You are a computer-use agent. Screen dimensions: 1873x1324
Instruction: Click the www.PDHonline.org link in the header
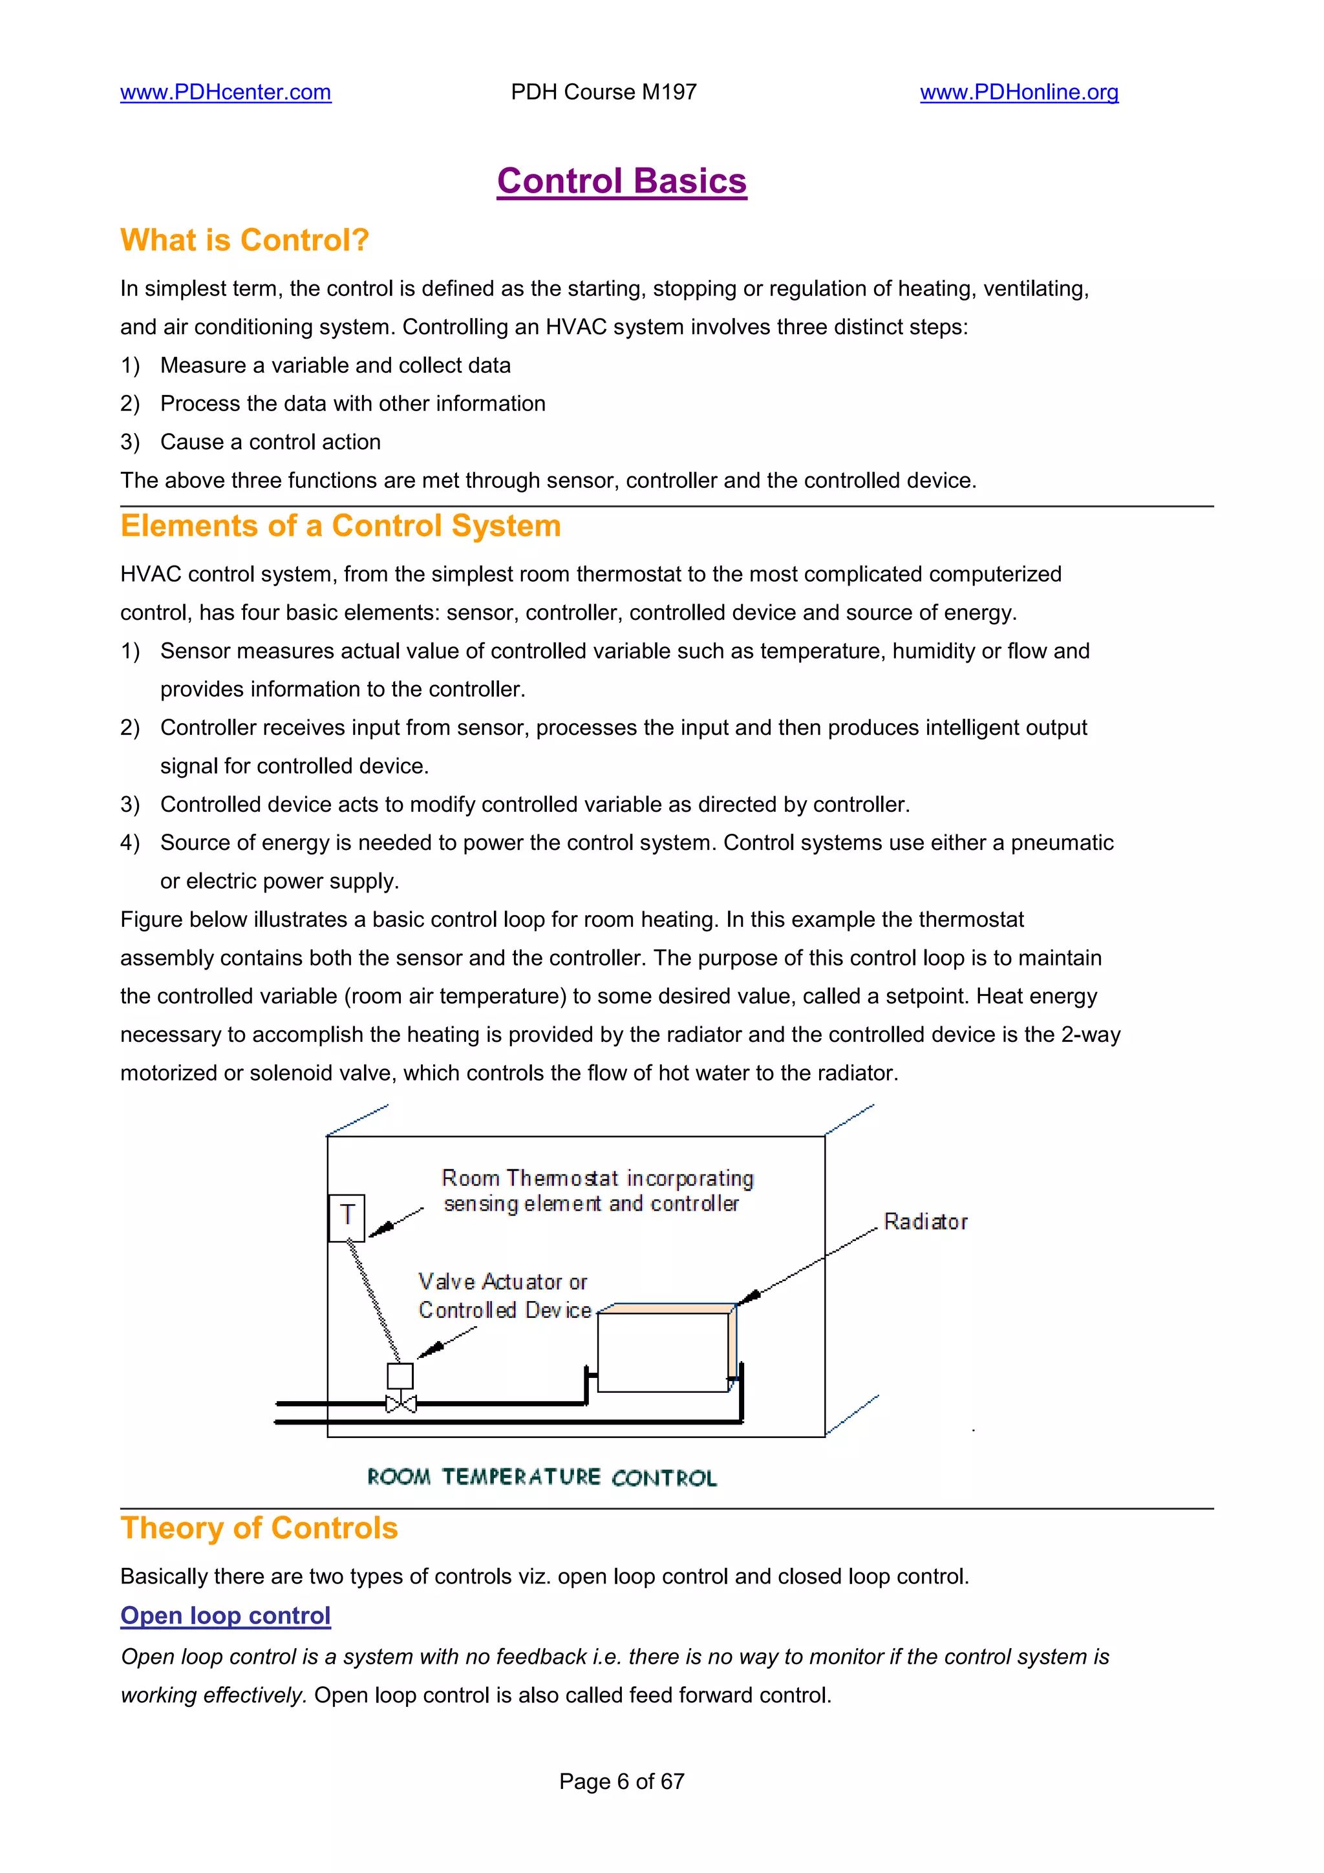[x=1019, y=92]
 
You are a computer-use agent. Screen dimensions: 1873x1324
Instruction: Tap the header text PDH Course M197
[x=604, y=92]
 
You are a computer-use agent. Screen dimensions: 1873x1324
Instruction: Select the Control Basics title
[x=622, y=181]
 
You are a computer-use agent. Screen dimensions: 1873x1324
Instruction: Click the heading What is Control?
[x=245, y=240]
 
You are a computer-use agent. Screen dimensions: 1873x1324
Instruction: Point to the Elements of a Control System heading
[x=340, y=526]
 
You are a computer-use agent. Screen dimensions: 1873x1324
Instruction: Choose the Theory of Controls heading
[x=259, y=1528]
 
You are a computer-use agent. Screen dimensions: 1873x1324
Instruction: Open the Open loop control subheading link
[x=225, y=1615]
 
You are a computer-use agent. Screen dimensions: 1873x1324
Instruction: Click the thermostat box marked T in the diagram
[x=347, y=1217]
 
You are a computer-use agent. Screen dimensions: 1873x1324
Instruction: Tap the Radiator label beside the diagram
[x=925, y=1222]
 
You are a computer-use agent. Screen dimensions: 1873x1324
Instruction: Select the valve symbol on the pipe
[x=401, y=1404]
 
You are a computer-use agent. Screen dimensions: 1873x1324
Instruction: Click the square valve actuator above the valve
[x=400, y=1375]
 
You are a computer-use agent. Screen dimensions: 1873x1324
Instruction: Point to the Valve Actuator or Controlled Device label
[x=504, y=1295]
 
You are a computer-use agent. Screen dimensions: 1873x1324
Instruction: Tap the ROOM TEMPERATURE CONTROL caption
[x=542, y=1477]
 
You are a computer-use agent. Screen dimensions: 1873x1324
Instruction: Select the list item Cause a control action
[x=270, y=442]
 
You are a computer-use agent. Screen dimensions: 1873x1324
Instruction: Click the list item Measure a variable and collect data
[x=336, y=365]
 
